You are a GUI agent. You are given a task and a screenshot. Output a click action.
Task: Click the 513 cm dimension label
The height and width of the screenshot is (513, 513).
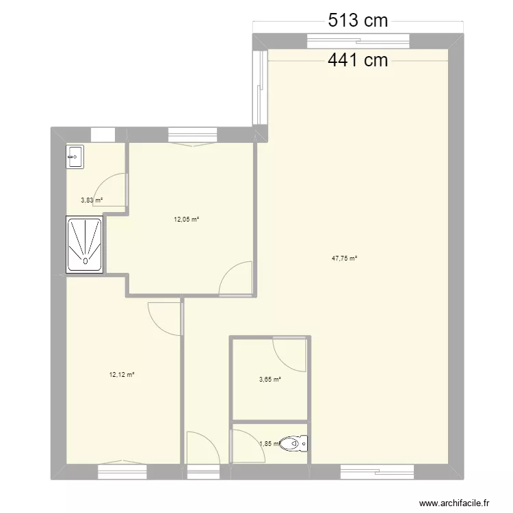pos(358,21)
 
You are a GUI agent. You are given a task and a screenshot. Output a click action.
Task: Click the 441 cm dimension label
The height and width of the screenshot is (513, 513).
pos(358,60)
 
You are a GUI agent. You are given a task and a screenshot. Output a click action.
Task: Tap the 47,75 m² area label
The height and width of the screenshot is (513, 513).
pos(344,259)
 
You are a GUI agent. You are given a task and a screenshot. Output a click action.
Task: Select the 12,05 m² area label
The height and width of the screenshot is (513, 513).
pos(187,220)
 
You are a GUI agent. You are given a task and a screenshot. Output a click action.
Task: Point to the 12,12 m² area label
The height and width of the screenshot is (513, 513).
pos(122,375)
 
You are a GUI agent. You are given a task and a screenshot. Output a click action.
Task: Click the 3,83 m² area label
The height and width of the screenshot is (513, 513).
pos(92,200)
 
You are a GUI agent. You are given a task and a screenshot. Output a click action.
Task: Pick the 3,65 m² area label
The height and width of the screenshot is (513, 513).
pos(270,380)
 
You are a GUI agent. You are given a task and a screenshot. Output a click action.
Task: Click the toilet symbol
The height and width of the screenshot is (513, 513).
pos(294,444)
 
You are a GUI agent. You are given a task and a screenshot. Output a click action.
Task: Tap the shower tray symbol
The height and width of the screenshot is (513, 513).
pos(85,244)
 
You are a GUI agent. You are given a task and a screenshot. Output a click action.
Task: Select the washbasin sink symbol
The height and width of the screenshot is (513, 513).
pos(75,157)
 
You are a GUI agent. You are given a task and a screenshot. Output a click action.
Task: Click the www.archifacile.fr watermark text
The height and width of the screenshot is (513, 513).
pos(454,503)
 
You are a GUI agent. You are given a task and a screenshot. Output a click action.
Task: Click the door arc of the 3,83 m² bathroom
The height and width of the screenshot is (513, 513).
pos(102,181)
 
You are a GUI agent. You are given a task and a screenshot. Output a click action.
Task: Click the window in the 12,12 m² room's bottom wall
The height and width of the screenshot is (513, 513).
pos(122,472)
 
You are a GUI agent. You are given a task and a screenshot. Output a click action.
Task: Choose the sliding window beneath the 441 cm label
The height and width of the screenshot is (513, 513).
pos(358,41)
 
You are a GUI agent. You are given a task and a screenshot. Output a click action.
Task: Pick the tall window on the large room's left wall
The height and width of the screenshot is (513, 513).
pos(261,88)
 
